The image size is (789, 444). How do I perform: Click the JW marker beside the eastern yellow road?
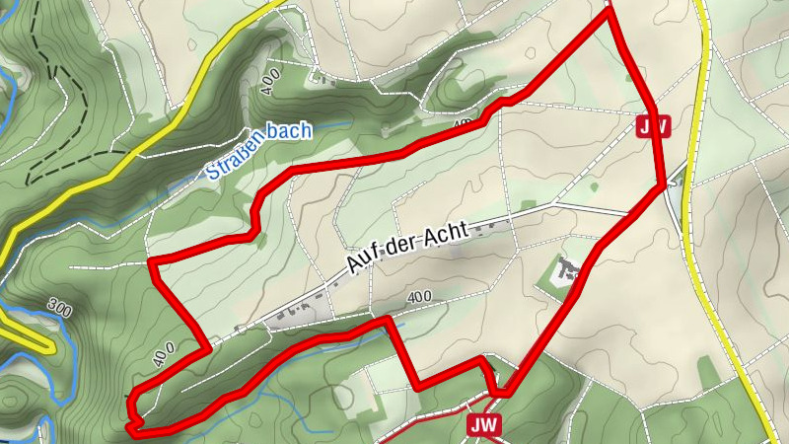click(654, 126)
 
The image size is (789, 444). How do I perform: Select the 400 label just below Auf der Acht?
click(418, 296)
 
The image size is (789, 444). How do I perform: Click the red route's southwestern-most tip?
click(132, 429)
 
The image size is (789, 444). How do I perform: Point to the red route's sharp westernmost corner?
click(151, 262)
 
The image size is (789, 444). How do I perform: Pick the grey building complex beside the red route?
click(564, 271)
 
